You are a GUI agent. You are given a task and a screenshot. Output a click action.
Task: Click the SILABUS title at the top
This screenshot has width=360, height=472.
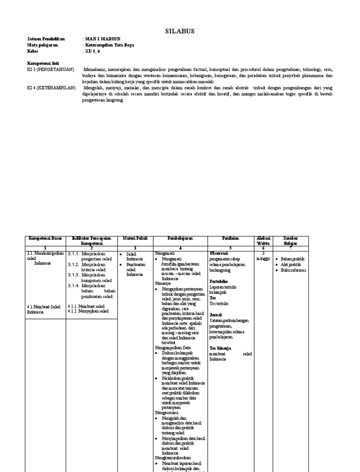pos(180,31)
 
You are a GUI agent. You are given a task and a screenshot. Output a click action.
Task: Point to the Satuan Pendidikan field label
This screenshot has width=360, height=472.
pos(46,39)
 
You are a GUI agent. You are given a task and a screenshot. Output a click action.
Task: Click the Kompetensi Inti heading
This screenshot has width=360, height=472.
pos(43,63)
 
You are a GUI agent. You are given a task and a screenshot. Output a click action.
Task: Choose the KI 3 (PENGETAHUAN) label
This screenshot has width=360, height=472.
pos(51,69)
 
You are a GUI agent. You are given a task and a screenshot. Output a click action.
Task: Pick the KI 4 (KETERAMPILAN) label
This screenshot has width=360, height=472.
pos(51,87)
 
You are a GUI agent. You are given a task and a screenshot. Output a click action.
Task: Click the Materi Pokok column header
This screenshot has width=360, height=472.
pos(135,238)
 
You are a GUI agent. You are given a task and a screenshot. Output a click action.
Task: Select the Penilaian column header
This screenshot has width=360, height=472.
pos(231,238)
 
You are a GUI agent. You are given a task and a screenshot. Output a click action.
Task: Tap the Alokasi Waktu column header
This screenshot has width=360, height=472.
pos(263,241)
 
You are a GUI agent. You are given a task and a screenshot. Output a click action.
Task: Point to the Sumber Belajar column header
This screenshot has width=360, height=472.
pos(291,241)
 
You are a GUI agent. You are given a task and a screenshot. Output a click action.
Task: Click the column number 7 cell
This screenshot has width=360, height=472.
pos(291,248)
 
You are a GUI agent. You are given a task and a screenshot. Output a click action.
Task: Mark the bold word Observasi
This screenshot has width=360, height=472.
pos(219,253)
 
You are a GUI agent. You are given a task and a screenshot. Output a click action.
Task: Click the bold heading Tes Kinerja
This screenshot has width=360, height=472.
pos(220,348)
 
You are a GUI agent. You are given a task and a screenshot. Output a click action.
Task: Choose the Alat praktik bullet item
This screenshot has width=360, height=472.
pos(292,265)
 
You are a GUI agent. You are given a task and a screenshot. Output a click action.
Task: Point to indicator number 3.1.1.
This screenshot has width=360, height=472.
pos(75,253)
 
